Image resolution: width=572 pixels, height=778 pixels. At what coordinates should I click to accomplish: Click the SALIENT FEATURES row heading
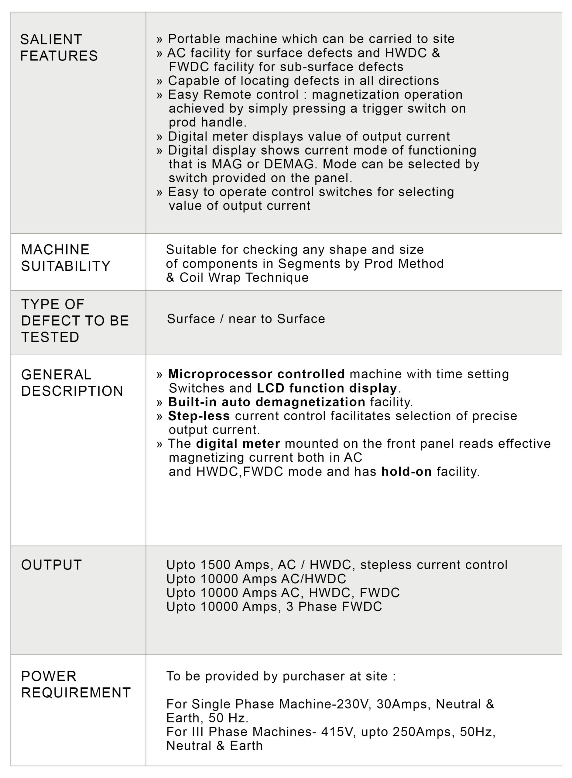(x=59, y=47)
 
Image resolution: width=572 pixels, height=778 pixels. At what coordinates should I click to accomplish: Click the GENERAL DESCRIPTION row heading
(x=72, y=383)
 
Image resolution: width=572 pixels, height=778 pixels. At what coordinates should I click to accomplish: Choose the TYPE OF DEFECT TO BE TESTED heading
(x=75, y=321)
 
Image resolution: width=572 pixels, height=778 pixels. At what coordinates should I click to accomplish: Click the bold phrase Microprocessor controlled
(x=256, y=374)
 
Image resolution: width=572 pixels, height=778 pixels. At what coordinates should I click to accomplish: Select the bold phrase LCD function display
(x=327, y=388)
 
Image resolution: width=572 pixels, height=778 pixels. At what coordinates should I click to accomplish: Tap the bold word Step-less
(x=199, y=416)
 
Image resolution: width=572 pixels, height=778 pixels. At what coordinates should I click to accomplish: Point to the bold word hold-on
(x=406, y=471)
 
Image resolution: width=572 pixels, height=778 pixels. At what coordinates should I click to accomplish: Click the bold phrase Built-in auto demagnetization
(x=266, y=402)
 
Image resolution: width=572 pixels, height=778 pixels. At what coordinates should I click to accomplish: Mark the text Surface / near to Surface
(x=246, y=319)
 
